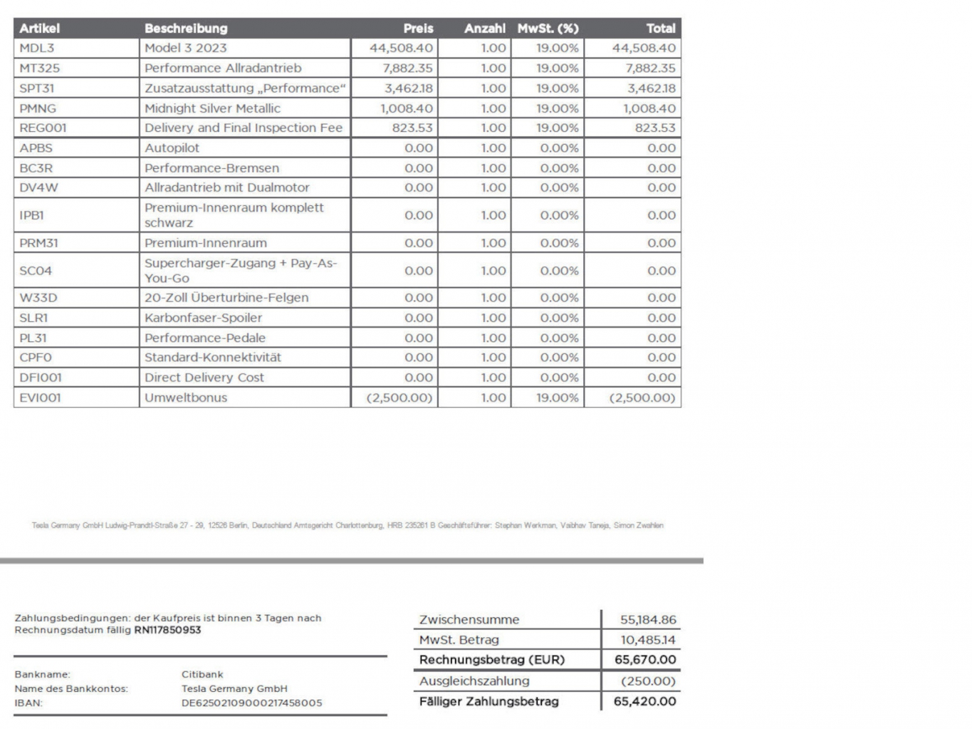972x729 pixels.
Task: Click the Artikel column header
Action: point(40,29)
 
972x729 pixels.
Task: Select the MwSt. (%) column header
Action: point(548,29)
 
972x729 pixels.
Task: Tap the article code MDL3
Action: point(37,48)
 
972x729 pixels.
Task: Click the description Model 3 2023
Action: point(185,48)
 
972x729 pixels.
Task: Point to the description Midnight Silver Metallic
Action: point(212,108)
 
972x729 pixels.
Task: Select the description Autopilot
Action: point(172,148)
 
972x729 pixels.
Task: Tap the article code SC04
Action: point(36,271)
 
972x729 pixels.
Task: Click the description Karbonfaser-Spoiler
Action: point(203,318)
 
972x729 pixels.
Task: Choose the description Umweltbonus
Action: point(185,398)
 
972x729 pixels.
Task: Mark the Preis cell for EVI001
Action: point(399,398)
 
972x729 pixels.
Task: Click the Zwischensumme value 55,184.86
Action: point(647,620)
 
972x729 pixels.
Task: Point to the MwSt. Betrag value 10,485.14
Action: point(647,640)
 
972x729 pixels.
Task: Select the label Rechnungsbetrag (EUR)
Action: point(491,660)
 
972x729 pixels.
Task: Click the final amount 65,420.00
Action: point(644,701)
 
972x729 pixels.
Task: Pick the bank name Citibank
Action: point(202,674)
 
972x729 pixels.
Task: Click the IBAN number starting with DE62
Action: point(251,703)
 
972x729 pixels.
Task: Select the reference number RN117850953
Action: point(167,630)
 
